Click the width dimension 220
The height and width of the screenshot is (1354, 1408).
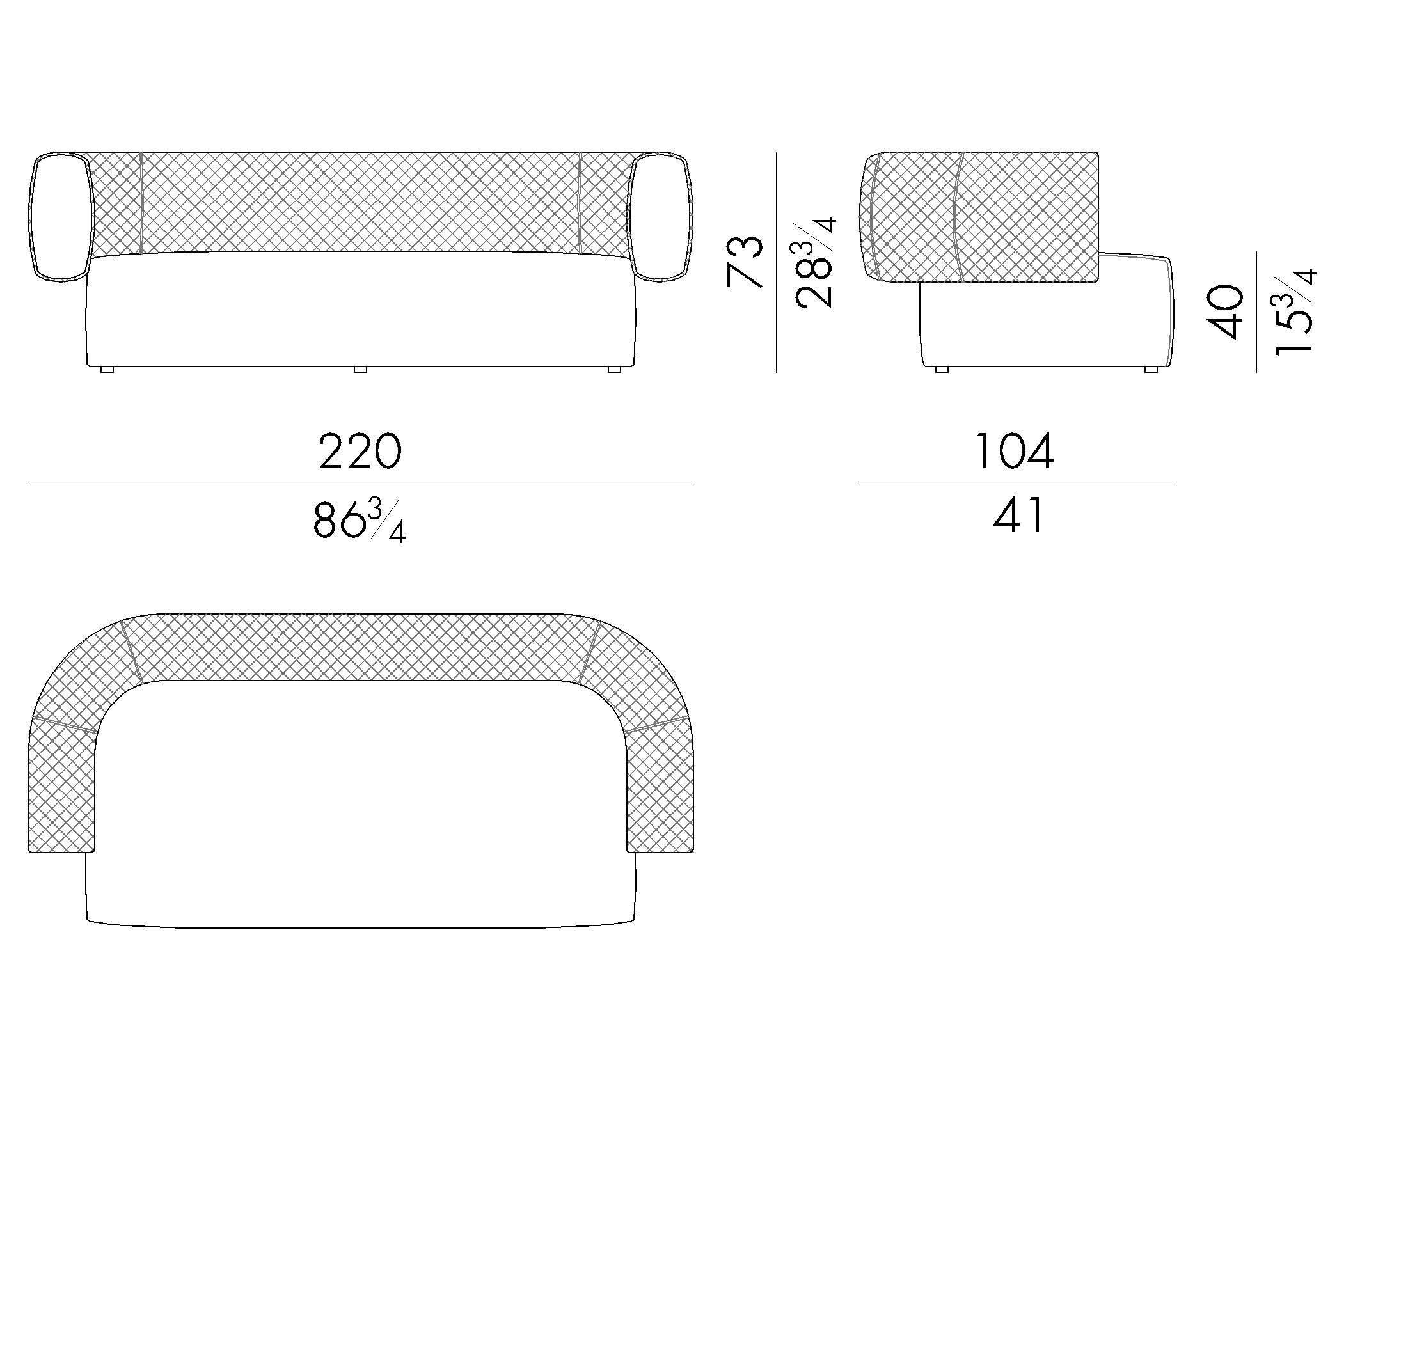[360, 451]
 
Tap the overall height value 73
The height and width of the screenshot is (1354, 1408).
[744, 262]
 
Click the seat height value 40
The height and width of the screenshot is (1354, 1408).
[1226, 311]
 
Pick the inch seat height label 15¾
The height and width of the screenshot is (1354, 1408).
[1295, 311]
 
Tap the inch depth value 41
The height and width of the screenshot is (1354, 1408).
[1018, 516]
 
